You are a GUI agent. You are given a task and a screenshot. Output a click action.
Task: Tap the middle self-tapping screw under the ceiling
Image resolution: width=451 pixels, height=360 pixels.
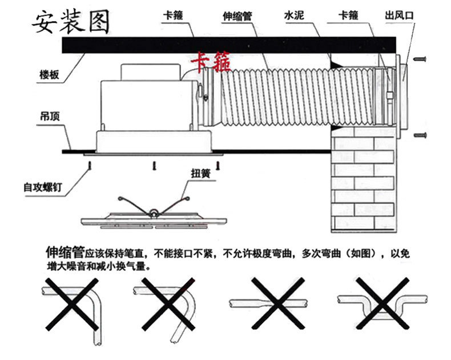coord(152,166)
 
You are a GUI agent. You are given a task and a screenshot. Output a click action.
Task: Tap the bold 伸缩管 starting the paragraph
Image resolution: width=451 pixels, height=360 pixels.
coord(65,252)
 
